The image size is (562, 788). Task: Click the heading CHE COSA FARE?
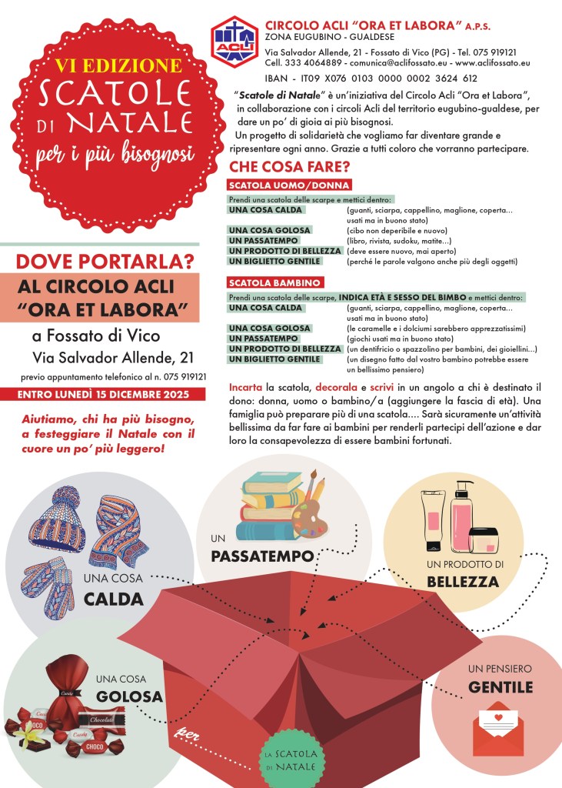point(290,166)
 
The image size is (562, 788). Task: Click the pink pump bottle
point(462,515)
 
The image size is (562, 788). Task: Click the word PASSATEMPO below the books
point(263,556)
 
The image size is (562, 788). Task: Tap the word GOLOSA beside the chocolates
point(129,696)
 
